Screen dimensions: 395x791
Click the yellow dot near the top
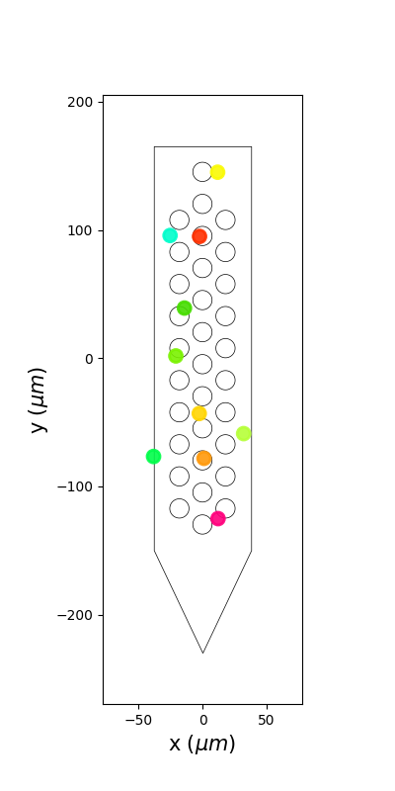coord(217,172)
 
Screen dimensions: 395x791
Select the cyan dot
coord(170,235)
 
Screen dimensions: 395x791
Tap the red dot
coord(199,235)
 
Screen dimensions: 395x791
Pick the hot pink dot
coord(217,518)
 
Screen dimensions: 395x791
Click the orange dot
coord(203,458)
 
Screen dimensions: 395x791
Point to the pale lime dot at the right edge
coord(243,433)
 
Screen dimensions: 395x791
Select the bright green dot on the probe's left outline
coord(154,457)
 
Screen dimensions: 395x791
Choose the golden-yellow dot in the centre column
coord(199,413)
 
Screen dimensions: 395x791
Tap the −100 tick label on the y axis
coord(75,486)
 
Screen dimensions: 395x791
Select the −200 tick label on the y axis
coord(75,615)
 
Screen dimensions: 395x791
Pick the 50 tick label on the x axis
coord(266,720)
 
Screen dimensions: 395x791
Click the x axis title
coord(202,745)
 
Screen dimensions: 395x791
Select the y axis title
coord(39,400)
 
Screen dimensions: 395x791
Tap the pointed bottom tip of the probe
coord(203,654)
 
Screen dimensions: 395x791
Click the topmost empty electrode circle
coord(202,172)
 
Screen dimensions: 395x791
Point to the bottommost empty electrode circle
coord(202,524)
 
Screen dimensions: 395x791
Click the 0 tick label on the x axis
coord(203,720)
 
